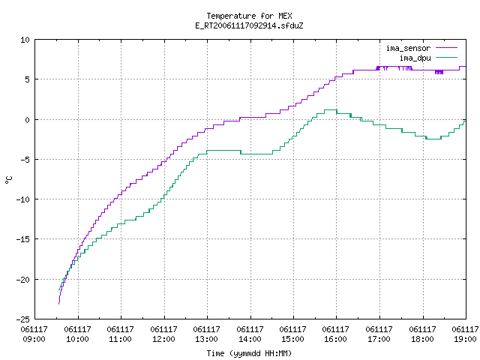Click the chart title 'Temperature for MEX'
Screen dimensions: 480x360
[x=249, y=16]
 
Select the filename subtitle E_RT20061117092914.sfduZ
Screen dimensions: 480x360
[x=249, y=25]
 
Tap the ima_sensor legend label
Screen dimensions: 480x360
[x=408, y=48]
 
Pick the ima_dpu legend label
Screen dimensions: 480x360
[x=415, y=58]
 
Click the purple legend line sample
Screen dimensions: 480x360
[x=447, y=48]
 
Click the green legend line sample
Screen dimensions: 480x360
[x=447, y=57]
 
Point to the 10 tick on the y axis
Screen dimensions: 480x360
[x=25, y=40]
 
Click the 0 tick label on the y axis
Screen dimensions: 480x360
[x=28, y=120]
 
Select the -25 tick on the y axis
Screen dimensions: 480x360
[x=23, y=319]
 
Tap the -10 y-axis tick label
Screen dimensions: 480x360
[x=23, y=199]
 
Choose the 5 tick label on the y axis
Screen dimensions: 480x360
[x=28, y=79]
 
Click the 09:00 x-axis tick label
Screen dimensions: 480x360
[x=34, y=339]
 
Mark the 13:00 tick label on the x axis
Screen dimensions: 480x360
[x=207, y=339]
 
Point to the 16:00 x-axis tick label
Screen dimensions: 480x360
[x=336, y=339]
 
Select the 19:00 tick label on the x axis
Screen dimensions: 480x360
[x=465, y=339]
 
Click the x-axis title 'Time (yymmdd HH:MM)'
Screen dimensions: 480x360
[x=249, y=353]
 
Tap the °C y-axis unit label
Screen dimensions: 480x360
[x=8, y=180]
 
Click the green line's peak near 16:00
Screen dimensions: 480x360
[x=331, y=110]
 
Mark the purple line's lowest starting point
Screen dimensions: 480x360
[x=58, y=304]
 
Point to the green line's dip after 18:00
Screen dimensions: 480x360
[x=433, y=139]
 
